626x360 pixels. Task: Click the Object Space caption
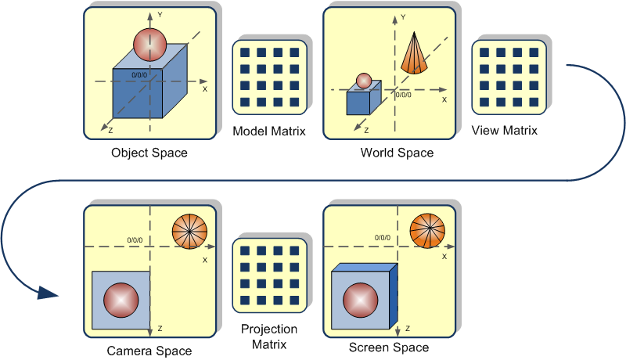149,153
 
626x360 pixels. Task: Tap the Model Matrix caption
268,131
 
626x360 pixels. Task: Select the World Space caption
397,153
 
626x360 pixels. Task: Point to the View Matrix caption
505,131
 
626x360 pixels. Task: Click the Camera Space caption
149,351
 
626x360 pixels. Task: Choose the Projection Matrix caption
268,337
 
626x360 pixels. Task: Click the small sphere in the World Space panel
363,80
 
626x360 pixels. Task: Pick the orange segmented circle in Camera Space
189,230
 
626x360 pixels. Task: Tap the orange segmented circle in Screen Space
426,230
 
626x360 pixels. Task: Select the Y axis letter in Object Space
159,14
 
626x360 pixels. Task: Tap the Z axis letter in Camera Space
160,328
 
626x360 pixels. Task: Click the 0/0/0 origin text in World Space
403,94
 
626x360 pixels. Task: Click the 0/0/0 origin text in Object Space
139,75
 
